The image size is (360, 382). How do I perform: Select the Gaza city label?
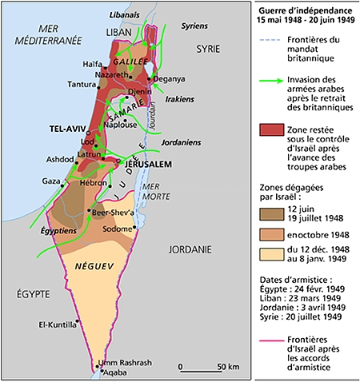pyautogui.click(x=50, y=181)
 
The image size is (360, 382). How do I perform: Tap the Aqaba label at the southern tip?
pyautogui.click(x=113, y=372)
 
